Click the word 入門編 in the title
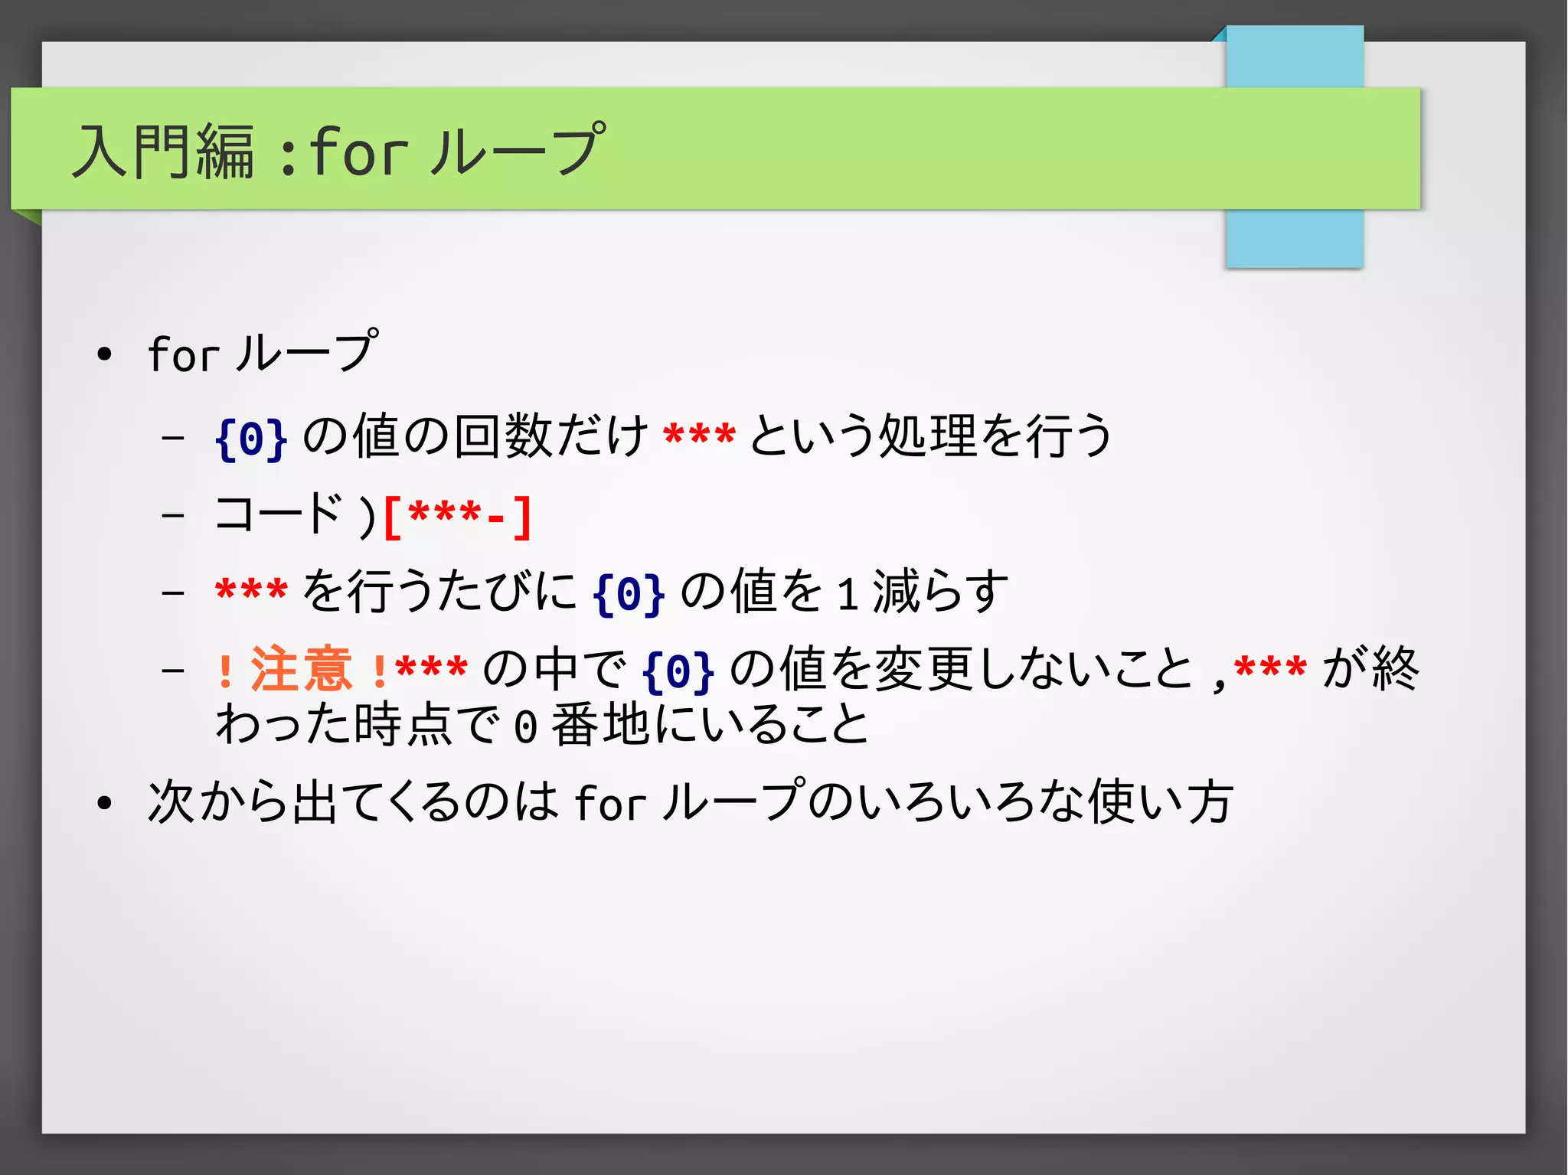coord(162,151)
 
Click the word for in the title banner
coord(358,151)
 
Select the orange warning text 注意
coord(301,669)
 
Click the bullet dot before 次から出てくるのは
coord(105,803)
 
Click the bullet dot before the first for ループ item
coord(105,354)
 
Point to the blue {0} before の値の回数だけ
coord(251,438)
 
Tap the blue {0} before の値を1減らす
coord(629,593)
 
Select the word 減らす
coord(940,592)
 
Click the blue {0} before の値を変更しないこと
coord(678,671)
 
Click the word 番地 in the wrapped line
coord(600,725)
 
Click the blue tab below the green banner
coord(1294,238)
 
